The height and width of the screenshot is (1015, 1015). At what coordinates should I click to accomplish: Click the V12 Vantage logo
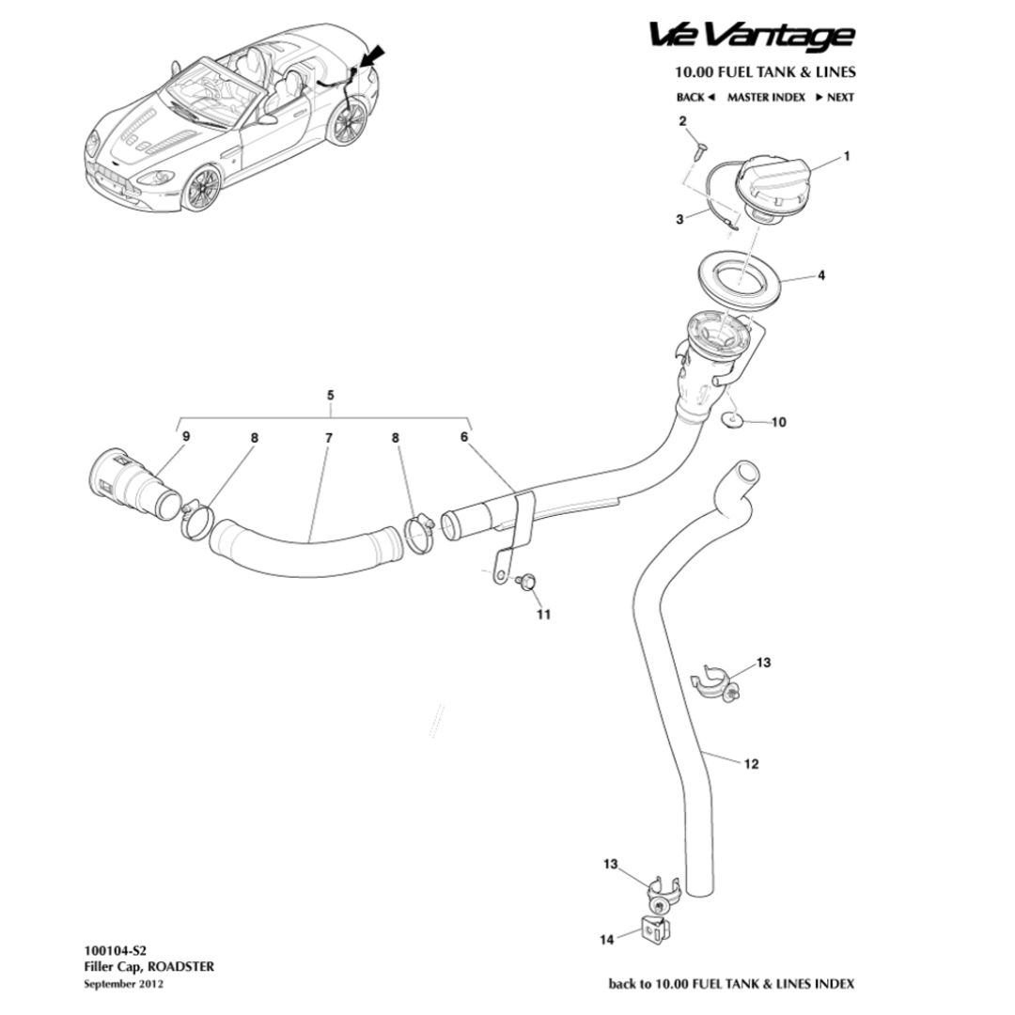[x=752, y=36]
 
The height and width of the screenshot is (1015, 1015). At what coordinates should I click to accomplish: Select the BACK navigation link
[x=695, y=97]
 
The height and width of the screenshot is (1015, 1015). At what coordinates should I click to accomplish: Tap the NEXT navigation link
[x=835, y=97]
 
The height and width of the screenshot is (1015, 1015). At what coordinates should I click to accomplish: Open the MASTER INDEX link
[x=766, y=97]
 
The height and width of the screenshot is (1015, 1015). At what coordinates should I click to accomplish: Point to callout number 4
[x=821, y=276]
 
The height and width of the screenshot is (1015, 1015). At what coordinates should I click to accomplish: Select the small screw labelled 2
[x=699, y=148]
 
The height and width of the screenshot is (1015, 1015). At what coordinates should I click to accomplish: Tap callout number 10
[x=778, y=423]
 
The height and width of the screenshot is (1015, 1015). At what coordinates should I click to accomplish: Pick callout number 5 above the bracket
[x=330, y=396]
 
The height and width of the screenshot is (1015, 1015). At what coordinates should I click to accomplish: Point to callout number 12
[x=751, y=765]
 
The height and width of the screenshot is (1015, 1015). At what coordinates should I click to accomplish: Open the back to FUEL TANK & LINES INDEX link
[x=731, y=984]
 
